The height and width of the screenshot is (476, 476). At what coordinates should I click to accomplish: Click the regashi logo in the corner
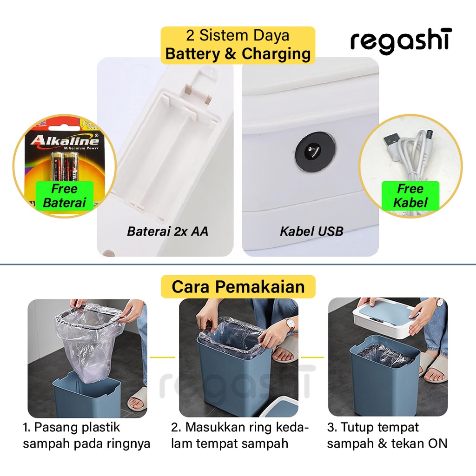tap(401, 41)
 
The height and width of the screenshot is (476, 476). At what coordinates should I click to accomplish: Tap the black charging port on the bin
tap(315, 150)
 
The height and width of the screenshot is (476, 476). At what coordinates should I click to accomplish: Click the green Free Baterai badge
tap(64, 196)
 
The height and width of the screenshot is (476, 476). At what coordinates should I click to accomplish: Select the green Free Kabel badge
tap(410, 196)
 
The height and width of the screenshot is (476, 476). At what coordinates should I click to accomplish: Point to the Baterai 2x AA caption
tap(167, 231)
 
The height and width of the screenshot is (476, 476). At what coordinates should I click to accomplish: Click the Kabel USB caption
tap(311, 231)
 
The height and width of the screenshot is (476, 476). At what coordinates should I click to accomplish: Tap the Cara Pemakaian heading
tap(238, 286)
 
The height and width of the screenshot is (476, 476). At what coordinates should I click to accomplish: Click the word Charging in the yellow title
tap(276, 54)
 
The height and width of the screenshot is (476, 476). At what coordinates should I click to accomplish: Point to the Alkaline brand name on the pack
tap(65, 140)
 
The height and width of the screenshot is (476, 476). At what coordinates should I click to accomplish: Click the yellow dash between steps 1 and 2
tap(163, 357)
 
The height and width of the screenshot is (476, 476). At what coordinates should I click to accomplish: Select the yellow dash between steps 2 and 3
tap(313, 357)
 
